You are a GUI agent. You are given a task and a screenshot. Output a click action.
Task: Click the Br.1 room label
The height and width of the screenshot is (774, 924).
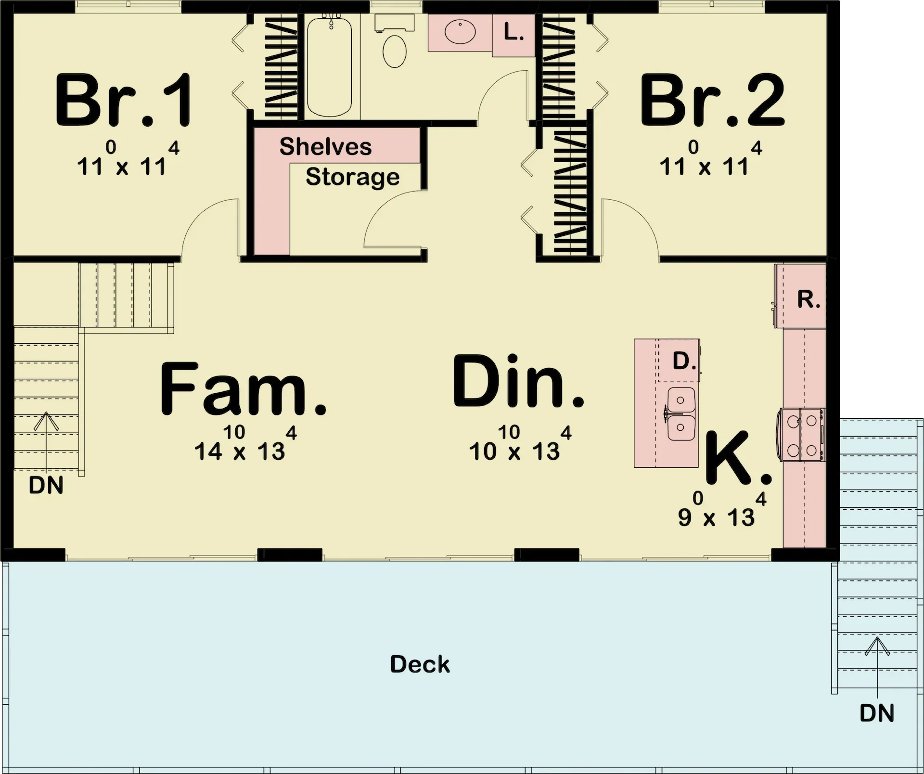coord(124,101)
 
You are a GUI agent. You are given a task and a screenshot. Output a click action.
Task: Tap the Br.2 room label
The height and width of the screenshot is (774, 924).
coord(712,101)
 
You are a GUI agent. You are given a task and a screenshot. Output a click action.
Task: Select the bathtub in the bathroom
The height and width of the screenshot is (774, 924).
coord(330,66)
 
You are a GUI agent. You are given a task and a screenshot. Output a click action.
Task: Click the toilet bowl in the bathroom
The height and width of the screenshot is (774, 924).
coord(395,51)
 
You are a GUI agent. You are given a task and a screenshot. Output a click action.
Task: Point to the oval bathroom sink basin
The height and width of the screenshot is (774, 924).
coord(460,32)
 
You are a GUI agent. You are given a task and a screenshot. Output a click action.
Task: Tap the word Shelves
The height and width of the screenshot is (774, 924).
coord(325,146)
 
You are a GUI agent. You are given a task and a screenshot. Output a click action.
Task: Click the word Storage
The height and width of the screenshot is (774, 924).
coord(352,177)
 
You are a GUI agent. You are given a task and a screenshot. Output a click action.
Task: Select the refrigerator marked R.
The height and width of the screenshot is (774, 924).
coord(800,296)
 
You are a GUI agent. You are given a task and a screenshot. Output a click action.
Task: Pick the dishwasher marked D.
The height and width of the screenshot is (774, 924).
coord(678,360)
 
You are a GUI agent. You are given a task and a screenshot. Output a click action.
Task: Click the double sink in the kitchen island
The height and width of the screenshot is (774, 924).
coord(680,414)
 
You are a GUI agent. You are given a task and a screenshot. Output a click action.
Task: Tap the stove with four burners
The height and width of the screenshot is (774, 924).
coord(801,435)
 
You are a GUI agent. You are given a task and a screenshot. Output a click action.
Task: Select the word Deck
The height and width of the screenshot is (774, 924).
coord(420,664)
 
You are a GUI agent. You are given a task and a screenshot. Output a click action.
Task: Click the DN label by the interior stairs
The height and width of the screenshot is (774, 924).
coord(46,485)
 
